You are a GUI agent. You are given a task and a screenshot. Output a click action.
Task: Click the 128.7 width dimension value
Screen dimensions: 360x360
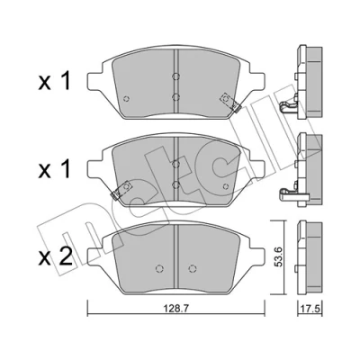175,308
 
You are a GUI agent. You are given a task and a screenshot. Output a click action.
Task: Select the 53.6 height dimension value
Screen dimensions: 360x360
279,257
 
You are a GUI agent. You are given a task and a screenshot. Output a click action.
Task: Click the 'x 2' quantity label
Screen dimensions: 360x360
56,256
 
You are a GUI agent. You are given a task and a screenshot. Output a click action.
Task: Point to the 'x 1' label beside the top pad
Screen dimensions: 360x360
55,82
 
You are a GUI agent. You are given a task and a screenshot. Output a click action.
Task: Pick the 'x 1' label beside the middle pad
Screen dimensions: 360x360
55,169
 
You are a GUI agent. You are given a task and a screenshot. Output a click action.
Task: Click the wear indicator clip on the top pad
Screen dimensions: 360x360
229,103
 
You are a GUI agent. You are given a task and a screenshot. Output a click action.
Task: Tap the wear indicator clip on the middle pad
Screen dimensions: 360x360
122,191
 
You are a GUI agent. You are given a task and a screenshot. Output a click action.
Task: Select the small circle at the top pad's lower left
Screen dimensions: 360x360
127,98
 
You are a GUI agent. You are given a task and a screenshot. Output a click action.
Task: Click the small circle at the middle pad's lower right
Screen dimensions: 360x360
226,186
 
